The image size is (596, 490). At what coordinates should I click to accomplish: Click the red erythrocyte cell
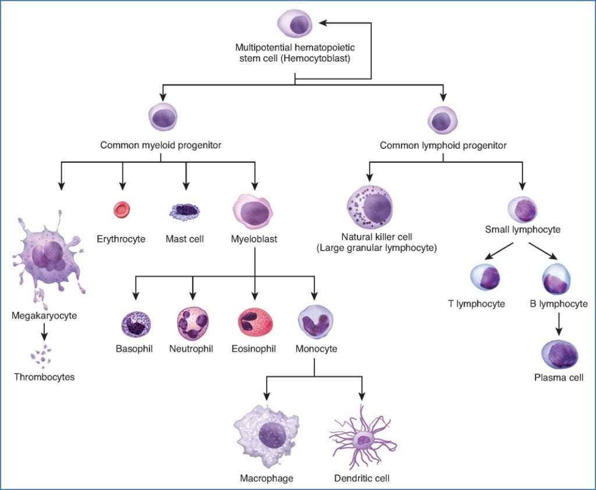(x=122, y=210)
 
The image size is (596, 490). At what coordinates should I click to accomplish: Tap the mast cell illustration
(x=185, y=211)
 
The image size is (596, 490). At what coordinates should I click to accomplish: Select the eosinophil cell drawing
(x=255, y=324)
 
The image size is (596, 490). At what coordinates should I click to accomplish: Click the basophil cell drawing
(x=135, y=324)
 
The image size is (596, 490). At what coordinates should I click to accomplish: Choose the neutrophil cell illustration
(x=193, y=324)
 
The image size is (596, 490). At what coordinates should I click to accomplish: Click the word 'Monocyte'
(x=316, y=349)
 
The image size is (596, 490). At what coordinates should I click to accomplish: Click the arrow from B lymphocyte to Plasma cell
(x=559, y=323)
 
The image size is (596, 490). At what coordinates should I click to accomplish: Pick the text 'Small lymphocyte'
(x=523, y=230)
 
